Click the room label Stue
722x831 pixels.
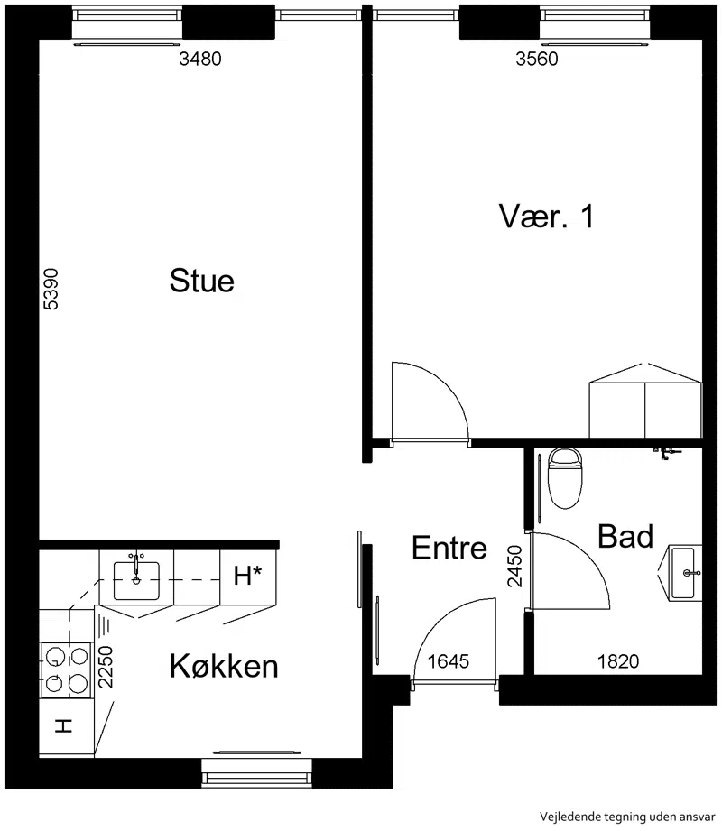pos(202,281)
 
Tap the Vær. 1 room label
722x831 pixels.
pos(546,216)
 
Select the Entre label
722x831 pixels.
pos(449,548)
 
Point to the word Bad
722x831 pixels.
pos(625,536)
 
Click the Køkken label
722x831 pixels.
pos(224,666)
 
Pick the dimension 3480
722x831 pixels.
pos(199,59)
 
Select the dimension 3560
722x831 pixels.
pos(536,59)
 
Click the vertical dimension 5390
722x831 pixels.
pos(51,289)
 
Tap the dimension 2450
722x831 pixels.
pos(514,567)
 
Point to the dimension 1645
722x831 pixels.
pos(449,660)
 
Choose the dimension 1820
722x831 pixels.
pos(618,660)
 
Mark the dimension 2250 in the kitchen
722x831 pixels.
pos(106,667)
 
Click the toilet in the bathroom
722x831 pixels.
pos(565,478)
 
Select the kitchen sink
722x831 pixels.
pos(136,579)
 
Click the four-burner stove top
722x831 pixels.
pos(66,670)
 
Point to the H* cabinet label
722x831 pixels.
pos(247,576)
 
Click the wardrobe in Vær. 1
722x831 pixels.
pos(645,401)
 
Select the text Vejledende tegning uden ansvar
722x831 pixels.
pos(627,817)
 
